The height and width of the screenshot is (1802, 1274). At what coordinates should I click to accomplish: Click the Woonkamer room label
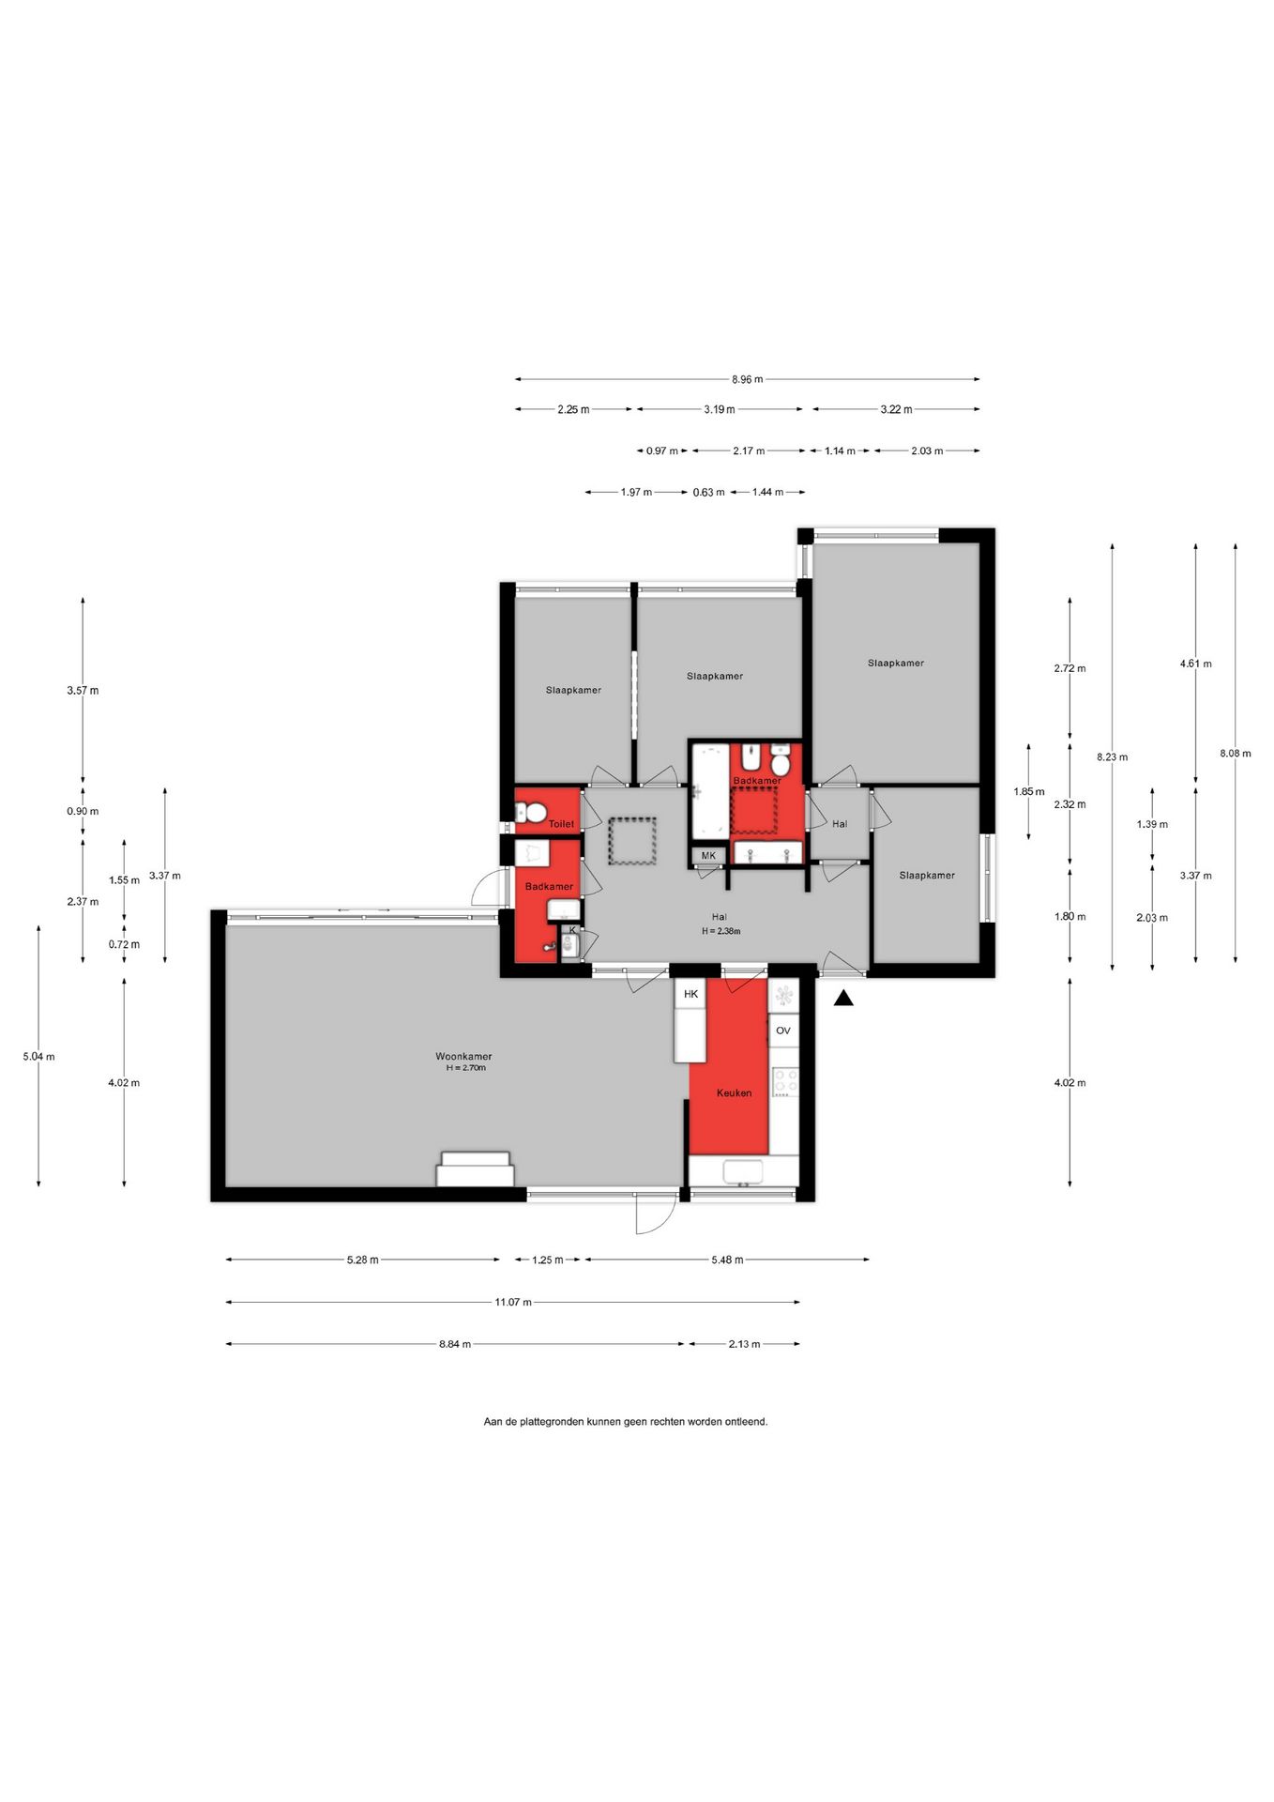coord(463,1056)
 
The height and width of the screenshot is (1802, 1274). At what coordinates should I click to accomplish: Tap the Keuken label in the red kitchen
coord(734,1092)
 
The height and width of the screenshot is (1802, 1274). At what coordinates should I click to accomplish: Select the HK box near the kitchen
coord(690,993)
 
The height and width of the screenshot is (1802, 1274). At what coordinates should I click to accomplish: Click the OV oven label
coord(783,1031)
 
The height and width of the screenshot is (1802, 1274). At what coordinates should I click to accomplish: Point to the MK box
coord(708,855)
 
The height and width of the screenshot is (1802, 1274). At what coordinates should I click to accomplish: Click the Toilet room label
coord(561,824)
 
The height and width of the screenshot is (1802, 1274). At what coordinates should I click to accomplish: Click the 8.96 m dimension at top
coord(748,379)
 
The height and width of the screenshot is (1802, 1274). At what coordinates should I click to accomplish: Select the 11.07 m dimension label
coord(513,1302)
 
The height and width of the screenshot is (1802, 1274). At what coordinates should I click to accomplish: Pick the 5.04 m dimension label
coord(38,1057)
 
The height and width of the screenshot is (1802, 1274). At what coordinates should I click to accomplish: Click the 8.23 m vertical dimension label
coord(1112,756)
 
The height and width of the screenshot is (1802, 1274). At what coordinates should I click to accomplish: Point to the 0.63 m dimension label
coord(708,492)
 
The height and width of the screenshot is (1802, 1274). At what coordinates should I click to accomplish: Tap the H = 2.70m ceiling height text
coord(466,1067)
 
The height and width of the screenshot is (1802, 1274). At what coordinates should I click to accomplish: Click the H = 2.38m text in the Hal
coord(720,931)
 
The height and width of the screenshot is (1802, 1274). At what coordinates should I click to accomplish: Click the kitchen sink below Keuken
coord(743,1172)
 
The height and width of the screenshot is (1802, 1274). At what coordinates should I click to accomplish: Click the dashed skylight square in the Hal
coord(632,841)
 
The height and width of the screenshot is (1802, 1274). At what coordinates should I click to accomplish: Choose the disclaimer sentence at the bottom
coord(626,1421)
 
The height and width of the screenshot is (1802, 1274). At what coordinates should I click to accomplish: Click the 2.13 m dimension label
coord(744,1344)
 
